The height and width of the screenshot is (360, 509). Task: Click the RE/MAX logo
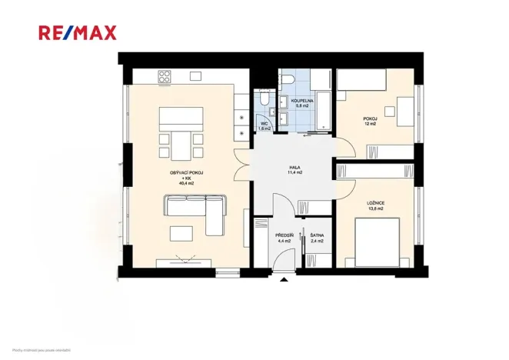coord(78,32)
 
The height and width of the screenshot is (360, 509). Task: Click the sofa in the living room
coord(195,208)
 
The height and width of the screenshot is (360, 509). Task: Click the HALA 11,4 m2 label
coord(294,171)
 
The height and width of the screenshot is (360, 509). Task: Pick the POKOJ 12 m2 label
coord(370,121)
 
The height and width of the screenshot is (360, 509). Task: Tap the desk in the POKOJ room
coord(406,112)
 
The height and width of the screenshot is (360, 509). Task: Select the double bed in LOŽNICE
coord(378,242)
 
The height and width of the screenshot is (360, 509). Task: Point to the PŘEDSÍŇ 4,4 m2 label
coord(284,238)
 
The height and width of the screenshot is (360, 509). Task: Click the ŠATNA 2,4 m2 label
coord(316,238)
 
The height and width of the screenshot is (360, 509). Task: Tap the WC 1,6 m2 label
coord(264,126)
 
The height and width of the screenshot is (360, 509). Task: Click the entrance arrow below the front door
coord(284,279)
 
